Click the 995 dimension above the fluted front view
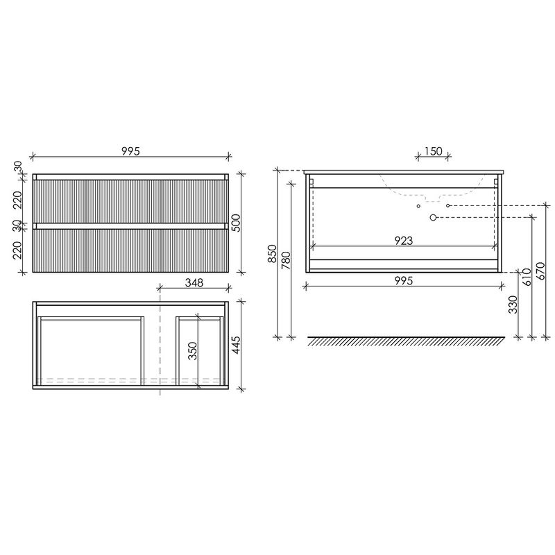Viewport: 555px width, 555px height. pos(131,151)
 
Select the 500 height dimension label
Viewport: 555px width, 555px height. pos(237,223)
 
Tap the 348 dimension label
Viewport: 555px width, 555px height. pos(194,282)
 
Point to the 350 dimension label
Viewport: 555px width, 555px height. pos(193,351)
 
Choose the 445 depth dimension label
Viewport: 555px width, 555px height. pos(235,345)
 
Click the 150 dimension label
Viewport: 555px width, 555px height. pos(433,151)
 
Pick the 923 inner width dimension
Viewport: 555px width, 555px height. pos(404,241)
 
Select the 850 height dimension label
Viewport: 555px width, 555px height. pos(272,253)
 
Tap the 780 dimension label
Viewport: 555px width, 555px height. pos(286,261)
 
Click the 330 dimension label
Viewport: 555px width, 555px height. pos(513,305)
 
